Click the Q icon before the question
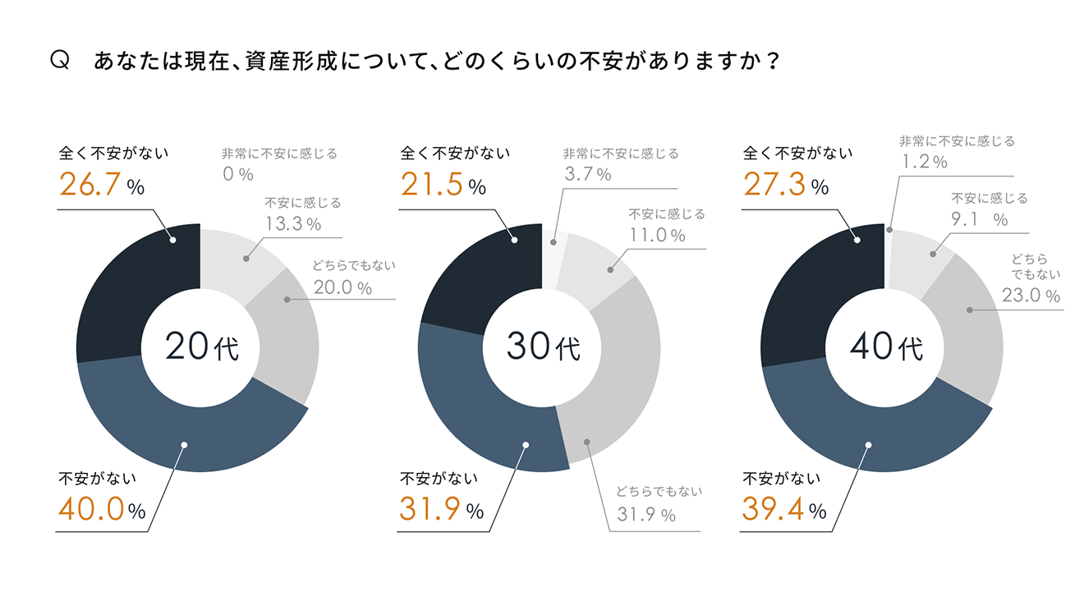click(x=59, y=61)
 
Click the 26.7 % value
click(x=102, y=186)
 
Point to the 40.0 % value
click(x=102, y=510)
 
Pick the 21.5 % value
click(x=443, y=186)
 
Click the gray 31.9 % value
click(x=645, y=516)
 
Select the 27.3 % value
click(x=786, y=186)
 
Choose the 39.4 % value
click(x=784, y=510)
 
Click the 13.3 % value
click(x=292, y=223)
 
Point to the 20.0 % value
click(x=342, y=287)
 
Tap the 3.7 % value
click(x=587, y=174)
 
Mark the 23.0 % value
click(x=1030, y=296)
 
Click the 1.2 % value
click(x=925, y=163)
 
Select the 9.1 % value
click(x=979, y=220)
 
